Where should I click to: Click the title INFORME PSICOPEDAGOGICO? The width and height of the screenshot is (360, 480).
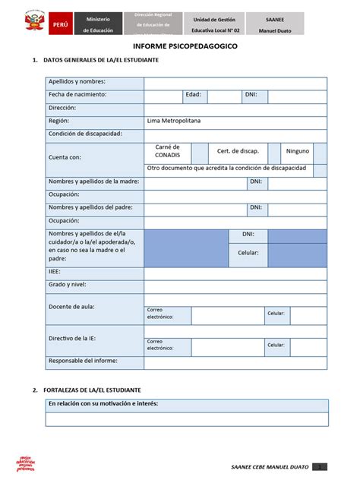(179, 46)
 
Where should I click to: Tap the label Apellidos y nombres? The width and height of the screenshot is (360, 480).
(77, 82)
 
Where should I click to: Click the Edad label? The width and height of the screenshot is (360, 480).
(193, 95)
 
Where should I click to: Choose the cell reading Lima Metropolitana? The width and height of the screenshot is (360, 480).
(179, 121)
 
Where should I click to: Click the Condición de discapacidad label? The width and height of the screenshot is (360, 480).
(85, 134)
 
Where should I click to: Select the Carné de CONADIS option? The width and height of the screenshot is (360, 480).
(167, 150)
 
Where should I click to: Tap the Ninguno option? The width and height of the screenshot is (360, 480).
(297, 150)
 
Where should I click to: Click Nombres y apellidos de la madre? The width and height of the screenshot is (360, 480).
(93, 182)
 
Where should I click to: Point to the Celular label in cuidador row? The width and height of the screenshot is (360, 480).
(248, 252)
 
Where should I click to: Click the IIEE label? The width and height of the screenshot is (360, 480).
(55, 271)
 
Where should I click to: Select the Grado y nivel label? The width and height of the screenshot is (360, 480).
(68, 284)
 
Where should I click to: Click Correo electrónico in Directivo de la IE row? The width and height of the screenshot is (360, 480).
(160, 345)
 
